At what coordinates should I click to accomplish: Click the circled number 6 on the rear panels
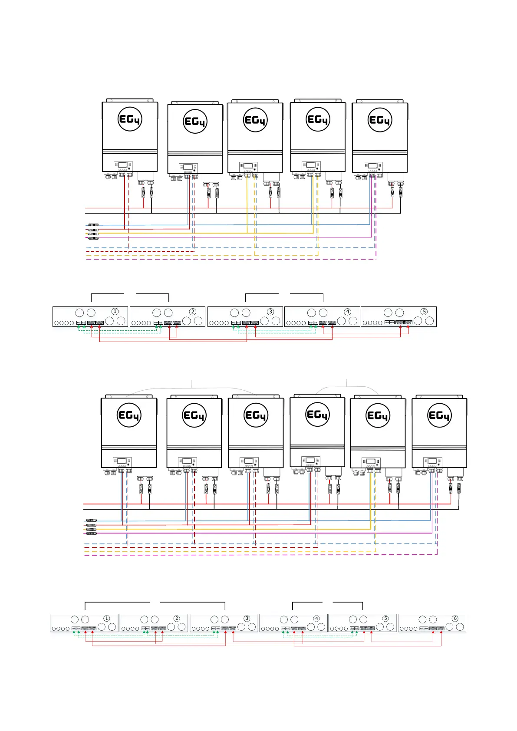(x=455, y=619)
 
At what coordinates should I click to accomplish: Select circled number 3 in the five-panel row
(x=270, y=312)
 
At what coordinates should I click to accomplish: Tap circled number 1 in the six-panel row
(x=107, y=619)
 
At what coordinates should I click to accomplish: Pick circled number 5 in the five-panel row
(x=424, y=312)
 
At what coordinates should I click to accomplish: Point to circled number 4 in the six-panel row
(x=316, y=619)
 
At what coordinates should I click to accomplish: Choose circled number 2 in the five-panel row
(x=193, y=312)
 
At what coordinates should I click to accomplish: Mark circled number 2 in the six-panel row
(x=177, y=619)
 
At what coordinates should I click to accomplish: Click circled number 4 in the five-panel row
(x=347, y=312)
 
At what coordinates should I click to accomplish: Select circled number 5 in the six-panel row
(x=385, y=619)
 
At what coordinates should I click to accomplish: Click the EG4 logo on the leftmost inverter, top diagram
(x=130, y=119)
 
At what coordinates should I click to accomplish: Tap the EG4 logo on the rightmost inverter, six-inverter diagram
(x=439, y=415)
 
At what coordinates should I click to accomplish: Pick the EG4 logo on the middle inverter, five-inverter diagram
(x=255, y=120)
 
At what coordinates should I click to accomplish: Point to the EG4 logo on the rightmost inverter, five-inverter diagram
(x=380, y=120)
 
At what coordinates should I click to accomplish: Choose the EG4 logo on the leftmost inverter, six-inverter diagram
(x=129, y=415)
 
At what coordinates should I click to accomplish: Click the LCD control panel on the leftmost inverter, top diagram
(x=123, y=166)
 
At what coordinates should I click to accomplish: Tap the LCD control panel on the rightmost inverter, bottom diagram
(x=433, y=462)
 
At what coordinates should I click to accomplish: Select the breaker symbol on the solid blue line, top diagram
(x=93, y=225)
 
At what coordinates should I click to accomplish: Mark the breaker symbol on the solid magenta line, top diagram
(x=93, y=238)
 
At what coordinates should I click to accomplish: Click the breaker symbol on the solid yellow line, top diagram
(x=93, y=234)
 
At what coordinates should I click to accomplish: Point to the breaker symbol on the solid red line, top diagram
(x=93, y=229)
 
